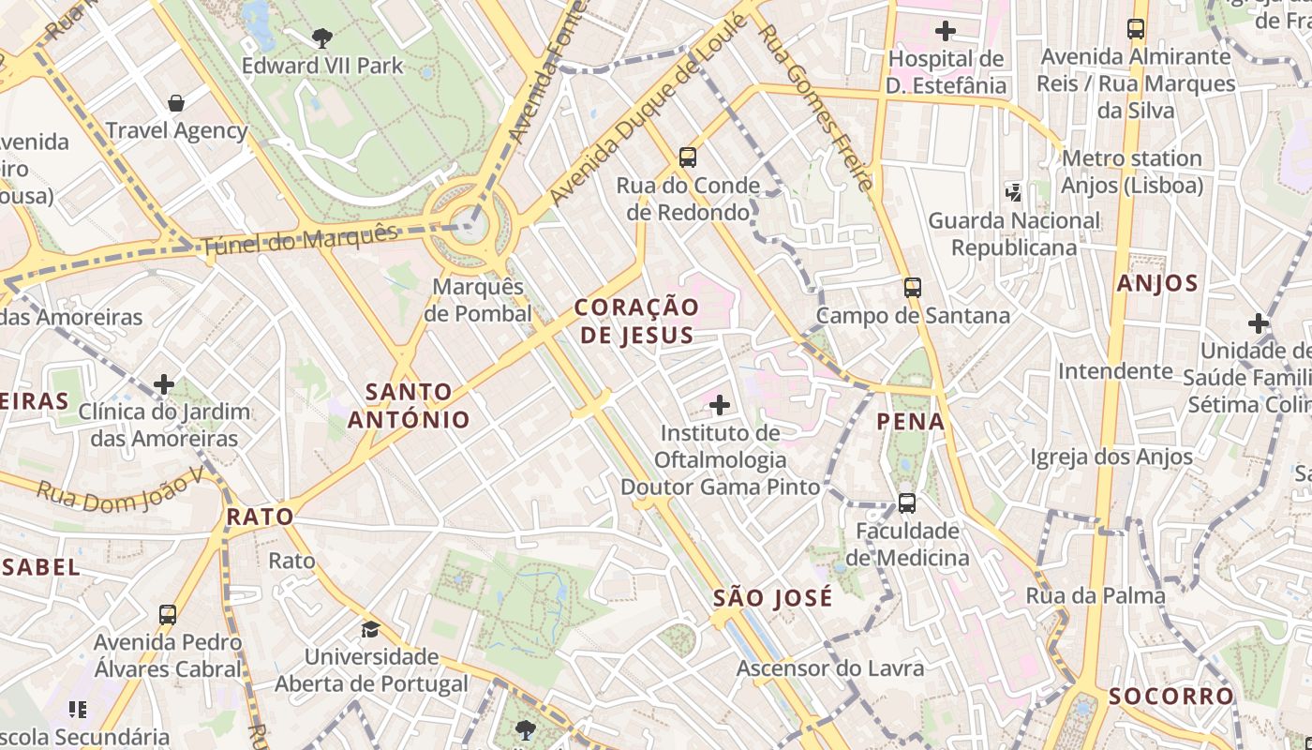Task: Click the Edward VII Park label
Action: pos(322,66)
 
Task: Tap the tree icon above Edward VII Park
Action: pos(322,38)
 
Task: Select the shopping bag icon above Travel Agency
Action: pos(176,102)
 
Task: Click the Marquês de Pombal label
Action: pos(478,300)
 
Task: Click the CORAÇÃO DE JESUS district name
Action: pos(636,321)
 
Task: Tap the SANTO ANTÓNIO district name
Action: pos(409,405)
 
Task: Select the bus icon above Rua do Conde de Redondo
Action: pos(688,157)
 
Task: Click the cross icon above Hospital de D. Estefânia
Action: pos(946,31)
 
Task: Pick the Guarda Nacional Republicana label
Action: pos(1014,233)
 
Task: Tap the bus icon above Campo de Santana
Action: pos(913,287)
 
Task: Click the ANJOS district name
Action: pos(1157,283)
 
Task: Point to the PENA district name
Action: pos(911,421)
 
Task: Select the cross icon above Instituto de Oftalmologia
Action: pos(720,405)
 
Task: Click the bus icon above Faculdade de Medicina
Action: pos(907,502)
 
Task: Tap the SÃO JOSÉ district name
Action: pos(772,597)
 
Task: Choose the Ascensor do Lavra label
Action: pos(830,668)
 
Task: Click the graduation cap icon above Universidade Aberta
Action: pos(371,628)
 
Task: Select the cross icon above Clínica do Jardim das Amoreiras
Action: pos(164,383)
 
